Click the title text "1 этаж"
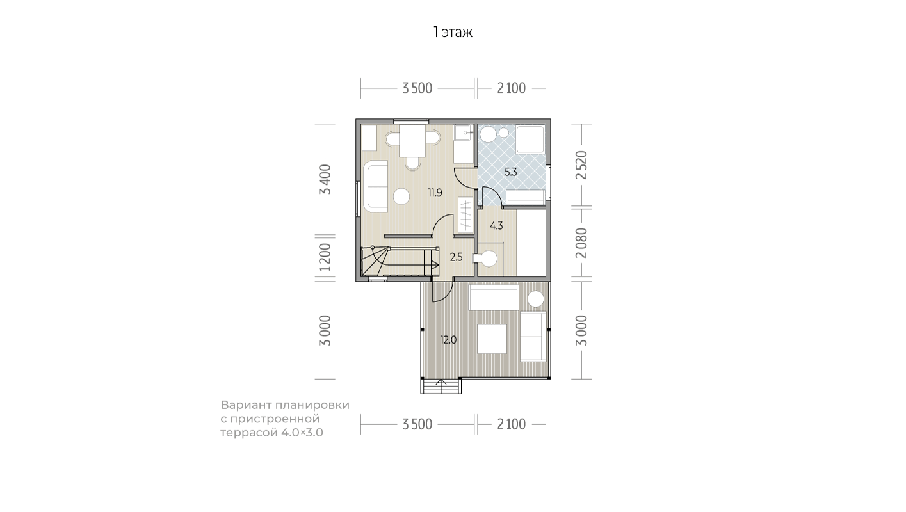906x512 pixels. pyautogui.click(x=453, y=32)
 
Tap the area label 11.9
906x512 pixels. pyautogui.click(x=435, y=193)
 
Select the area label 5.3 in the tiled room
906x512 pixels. pyautogui.click(x=510, y=172)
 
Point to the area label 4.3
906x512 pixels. pyautogui.click(x=496, y=226)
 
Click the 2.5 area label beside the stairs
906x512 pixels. pyautogui.click(x=456, y=257)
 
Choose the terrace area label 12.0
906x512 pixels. pyautogui.click(x=448, y=340)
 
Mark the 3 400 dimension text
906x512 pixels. pyautogui.click(x=325, y=179)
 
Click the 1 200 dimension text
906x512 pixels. pyautogui.click(x=325, y=257)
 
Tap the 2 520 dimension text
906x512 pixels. pyautogui.click(x=581, y=165)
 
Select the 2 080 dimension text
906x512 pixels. pyautogui.click(x=581, y=243)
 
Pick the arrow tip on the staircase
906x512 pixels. pyautogui.click(x=438, y=266)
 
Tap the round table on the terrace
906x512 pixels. pyautogui.click(x=535, y=299)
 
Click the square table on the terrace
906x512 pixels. pyautogui.click(x=492, y=339)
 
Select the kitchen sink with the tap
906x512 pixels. pyautogui.click(x=463, y=132)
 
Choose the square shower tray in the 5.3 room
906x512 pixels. pyautogui.click(x=530, y=140)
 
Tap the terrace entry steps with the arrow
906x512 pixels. pyautogui.click(x=441, y=385)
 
